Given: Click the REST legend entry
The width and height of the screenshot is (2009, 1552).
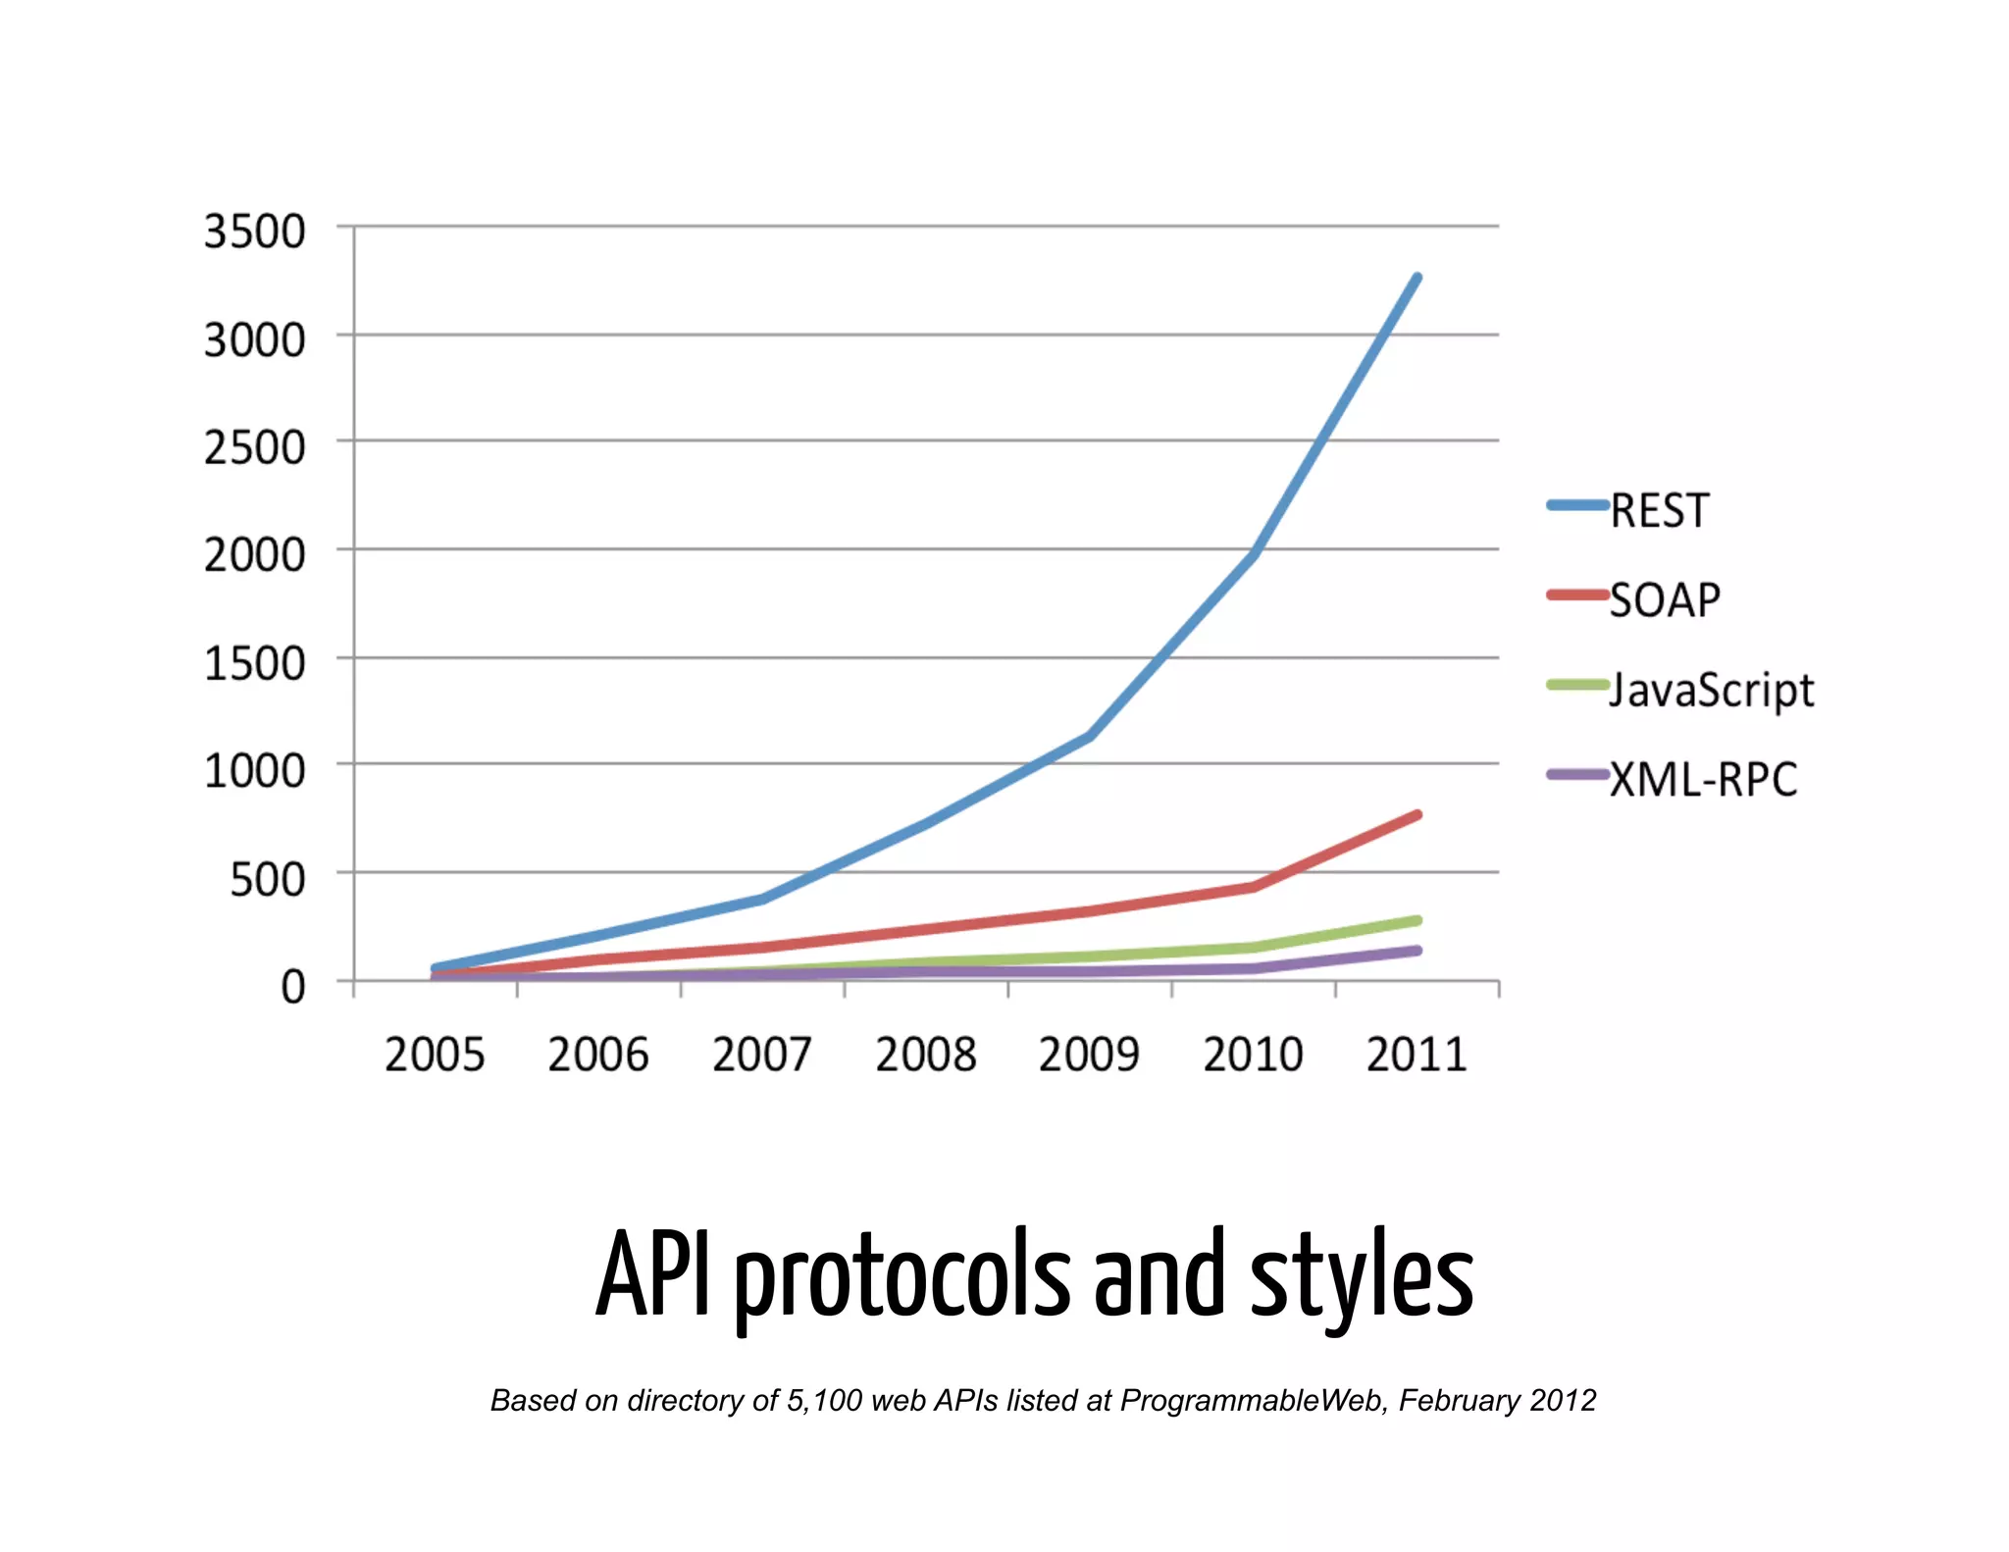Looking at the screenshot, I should click(1659, 510).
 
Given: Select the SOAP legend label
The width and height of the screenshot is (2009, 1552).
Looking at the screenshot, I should click(1665, 599).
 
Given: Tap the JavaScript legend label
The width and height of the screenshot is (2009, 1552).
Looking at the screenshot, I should click(1712, 690).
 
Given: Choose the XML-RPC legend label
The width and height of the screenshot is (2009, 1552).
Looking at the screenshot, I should click(1704, 780).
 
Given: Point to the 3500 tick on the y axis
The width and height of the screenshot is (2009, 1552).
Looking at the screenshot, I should click(254, 233).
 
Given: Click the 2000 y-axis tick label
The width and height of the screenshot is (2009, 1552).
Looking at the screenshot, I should click(254, 555).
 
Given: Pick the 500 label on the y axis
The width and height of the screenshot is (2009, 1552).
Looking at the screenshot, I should click(267, 879).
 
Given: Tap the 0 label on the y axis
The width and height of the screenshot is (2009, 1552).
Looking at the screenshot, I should click(292, 986).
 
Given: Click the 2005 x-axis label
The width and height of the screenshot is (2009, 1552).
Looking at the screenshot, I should click(435, 1056).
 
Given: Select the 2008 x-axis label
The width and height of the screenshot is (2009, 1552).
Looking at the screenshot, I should click(925, 1056).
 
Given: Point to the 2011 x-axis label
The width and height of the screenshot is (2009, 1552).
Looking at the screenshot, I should click(1416, 1056).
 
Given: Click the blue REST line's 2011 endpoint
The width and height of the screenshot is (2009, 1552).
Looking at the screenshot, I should click(1417, 278).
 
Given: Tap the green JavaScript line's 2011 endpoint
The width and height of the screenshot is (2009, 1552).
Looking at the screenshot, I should click(1417, 920).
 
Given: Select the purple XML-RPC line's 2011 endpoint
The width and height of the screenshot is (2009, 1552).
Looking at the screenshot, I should click(1417, 951).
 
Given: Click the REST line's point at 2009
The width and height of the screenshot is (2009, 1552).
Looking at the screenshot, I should click(1089, 736).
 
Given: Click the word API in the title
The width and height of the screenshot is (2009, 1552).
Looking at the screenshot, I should click(652, 1275).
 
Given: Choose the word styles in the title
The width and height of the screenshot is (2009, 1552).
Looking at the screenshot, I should click(1362, 1275).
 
